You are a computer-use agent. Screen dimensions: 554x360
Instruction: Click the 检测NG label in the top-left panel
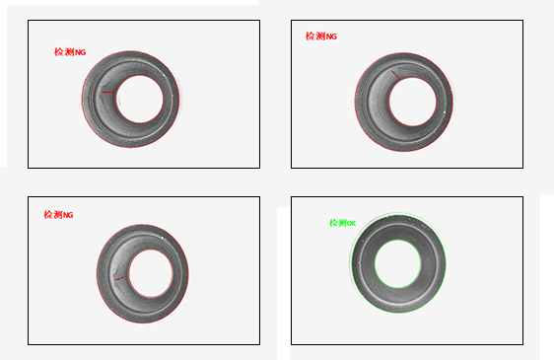70,52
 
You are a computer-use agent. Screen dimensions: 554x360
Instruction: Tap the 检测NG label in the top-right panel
321,36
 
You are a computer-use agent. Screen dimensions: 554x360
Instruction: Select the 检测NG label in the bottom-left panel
58,215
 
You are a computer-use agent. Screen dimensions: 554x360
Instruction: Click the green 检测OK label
343,223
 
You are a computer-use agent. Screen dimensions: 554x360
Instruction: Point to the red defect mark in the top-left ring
108,93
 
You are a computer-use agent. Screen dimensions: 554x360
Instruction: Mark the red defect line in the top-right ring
395,74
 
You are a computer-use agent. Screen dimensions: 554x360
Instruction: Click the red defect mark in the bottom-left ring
120,279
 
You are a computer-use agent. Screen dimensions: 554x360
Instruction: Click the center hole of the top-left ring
140,99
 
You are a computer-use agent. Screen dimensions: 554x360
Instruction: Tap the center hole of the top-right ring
412,102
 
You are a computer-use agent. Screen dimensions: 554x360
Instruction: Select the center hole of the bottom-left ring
151,273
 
